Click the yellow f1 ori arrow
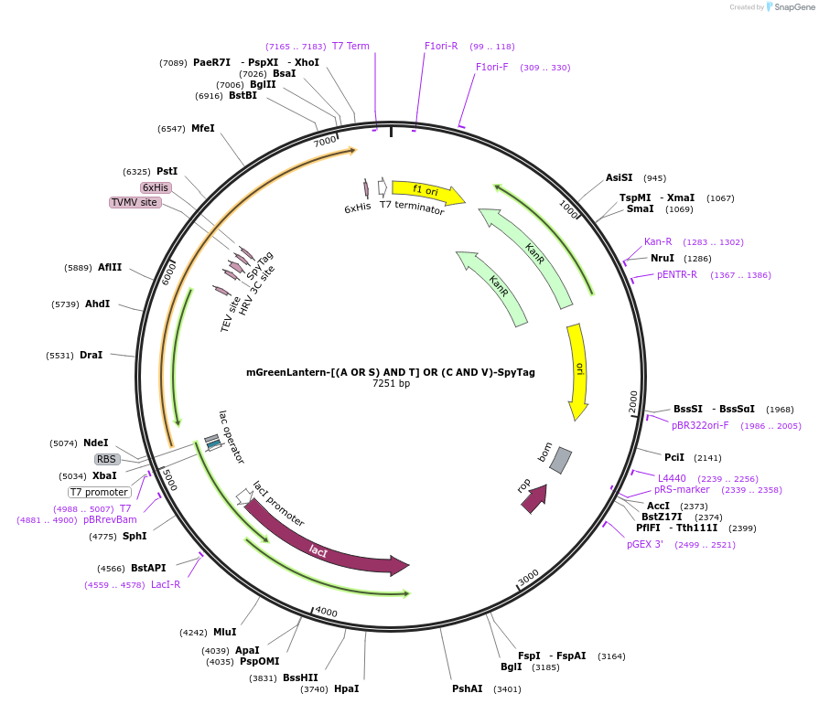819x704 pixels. tap(426, 191)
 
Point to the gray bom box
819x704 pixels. tap(560, 460)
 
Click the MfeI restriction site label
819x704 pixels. tap(202, 129)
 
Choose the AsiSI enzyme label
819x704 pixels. tap(620, 178)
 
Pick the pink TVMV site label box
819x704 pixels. tap(135, 202)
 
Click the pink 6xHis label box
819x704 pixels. tap(156, 187)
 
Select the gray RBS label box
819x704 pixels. tap(107, 459)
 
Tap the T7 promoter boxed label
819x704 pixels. tap(100, 492)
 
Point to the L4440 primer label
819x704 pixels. tap(672, 478)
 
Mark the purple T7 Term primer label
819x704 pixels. tap(350, 46)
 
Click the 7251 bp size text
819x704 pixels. tap(391, 384)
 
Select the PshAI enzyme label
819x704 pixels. tap(467, 688)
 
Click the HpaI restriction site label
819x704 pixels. tap(346, 688)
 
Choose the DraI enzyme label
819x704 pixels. tap(91, 355)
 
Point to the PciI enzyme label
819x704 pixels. tap(674, 457)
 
